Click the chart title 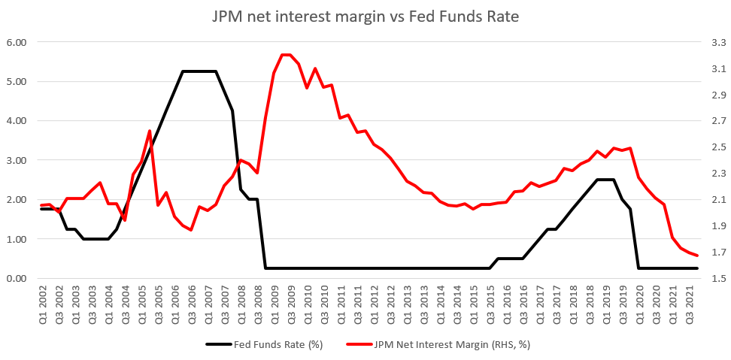(x=365, y=16)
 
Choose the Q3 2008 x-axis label (x=257, y=305)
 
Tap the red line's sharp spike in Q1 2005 (x=150, y=131)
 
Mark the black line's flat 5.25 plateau (x=199, y=71)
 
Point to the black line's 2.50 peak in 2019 (x=605, y=180)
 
